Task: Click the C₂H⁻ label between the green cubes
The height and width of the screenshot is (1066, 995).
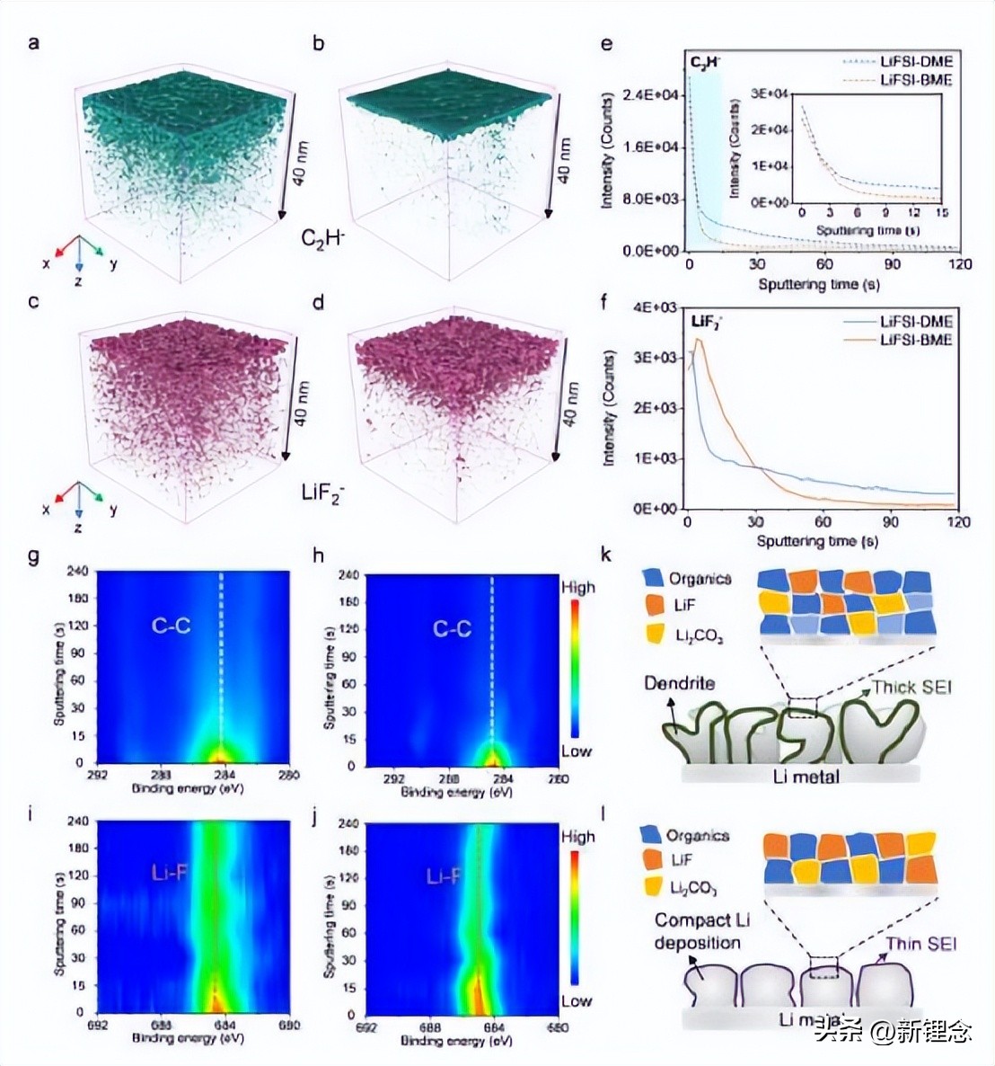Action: (324, 240)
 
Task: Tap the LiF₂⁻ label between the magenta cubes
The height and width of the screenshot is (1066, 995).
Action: (322, 493)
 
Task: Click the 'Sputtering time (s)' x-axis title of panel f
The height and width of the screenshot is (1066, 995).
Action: (817, 541)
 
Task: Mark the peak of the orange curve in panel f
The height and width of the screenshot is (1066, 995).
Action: (697, 340)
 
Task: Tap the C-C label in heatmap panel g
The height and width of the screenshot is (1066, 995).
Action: (171, 626)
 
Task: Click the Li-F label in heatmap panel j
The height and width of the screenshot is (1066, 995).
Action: (445, 875)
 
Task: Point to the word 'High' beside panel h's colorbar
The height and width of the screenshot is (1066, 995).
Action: (578, 588)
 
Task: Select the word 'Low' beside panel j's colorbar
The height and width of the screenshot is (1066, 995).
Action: (577, 1000)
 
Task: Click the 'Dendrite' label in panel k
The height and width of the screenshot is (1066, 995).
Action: (679, 684)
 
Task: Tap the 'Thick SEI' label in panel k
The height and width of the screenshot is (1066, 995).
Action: (911, 688)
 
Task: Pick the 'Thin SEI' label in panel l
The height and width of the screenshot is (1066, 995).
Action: (921, 944)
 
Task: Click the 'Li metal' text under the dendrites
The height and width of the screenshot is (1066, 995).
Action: (806, 776)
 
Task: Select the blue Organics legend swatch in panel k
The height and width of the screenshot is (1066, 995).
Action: (654, 579)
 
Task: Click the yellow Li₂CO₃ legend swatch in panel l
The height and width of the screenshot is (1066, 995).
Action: (654, 887)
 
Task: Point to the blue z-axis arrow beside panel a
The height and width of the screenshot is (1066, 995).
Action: (79, 258)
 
